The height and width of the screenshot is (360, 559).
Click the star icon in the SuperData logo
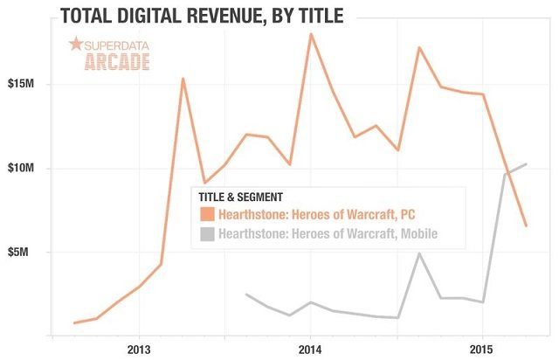(x=75, y=44)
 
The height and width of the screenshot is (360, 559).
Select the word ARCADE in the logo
(x=117, y=61)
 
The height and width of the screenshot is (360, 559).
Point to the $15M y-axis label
(x=22, y=85)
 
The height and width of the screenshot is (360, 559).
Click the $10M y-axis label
(x=22, y=169)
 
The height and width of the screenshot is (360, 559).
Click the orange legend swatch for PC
(x=207, y=214)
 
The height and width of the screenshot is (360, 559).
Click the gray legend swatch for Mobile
(x=207, y=234)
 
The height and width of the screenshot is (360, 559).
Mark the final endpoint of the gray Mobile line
(x=526, y=164)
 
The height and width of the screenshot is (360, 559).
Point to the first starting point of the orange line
(x=74, y=323)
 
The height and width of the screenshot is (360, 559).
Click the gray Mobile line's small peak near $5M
(x=420, y=253)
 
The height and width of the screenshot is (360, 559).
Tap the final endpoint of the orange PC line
(x=526, y=226)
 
